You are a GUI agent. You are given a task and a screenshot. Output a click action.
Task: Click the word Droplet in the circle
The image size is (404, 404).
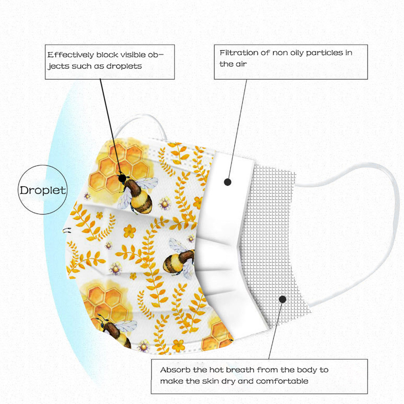point(43,190)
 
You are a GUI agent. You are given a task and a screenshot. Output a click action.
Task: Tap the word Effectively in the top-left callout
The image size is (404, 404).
point(70,55)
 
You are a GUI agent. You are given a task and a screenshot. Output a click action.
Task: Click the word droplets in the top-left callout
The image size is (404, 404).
point(124,66)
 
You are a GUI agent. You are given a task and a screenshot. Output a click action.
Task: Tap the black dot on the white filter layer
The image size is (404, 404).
point(228,182)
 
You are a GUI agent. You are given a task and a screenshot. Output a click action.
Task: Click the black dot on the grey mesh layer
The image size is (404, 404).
point(283,299)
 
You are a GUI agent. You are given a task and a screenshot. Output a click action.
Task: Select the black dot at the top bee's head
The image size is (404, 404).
point(122,178)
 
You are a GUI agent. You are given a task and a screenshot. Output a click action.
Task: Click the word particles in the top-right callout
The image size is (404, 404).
point(324,53)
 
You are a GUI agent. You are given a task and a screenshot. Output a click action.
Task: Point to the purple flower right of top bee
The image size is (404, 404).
point(165,204)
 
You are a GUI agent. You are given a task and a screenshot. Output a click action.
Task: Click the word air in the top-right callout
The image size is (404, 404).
point(241,64)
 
